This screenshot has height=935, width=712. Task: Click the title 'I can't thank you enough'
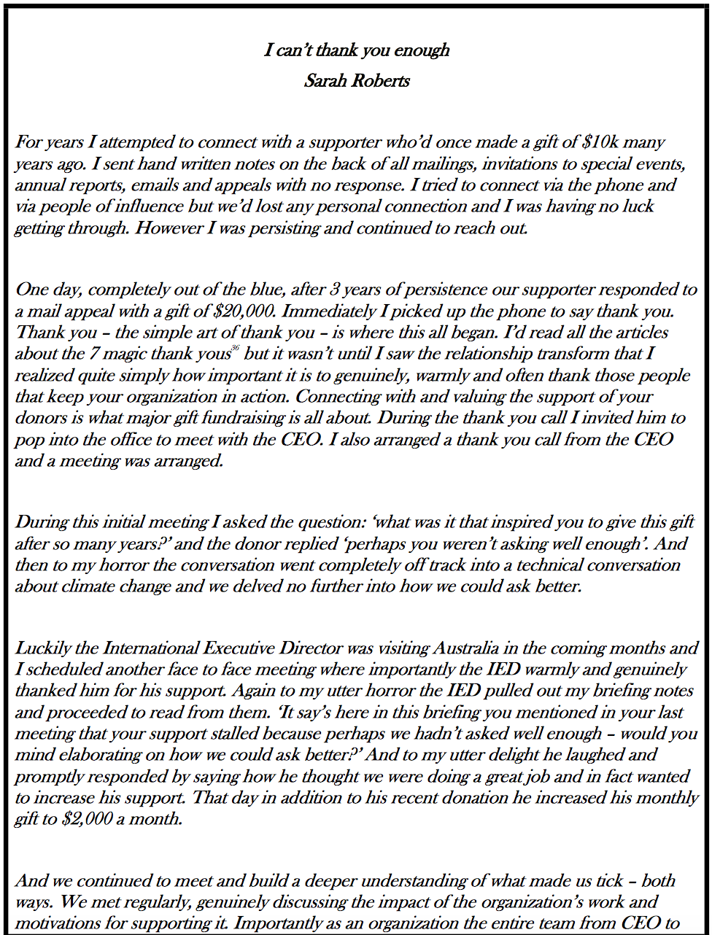357,50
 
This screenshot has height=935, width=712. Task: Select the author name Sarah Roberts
357,80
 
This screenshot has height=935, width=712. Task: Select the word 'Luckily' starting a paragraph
42,648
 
